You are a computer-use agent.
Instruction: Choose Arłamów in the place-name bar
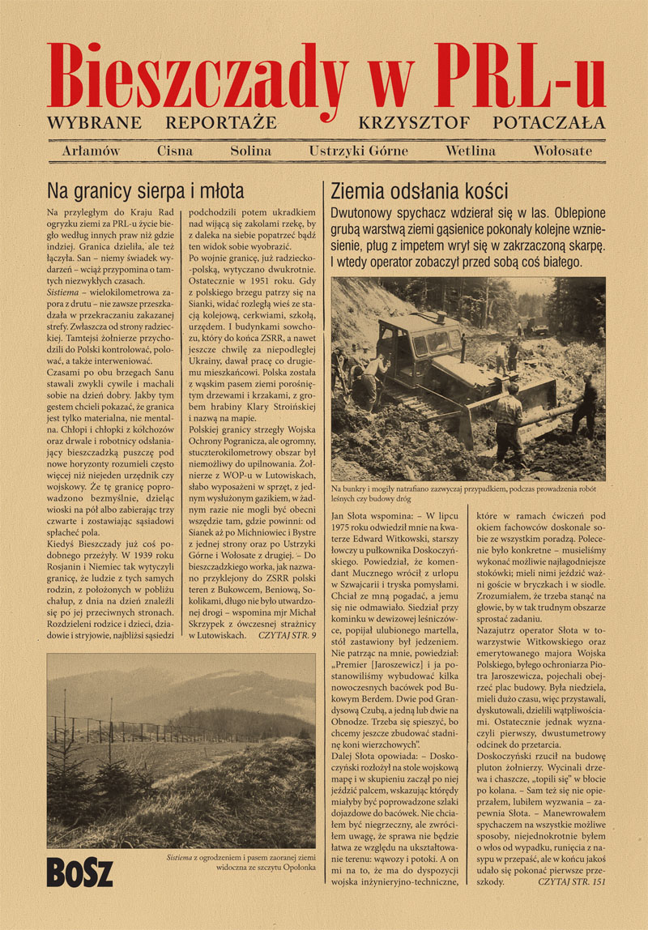pyautogui.click(x=90, y=151)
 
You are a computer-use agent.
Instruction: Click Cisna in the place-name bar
pyautogui.click(x=175, y=151)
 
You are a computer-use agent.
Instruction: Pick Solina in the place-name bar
pyautogui.click(x=250, y=151)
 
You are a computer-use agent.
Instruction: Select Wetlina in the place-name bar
pyautogui.click(x=470, y=151)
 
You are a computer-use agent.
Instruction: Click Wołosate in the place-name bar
pyautogui.click(x=562, y=151)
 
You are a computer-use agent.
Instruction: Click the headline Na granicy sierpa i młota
pyautogui.click(x=146, y=192)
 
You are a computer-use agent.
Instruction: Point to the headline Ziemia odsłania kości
pyautogui.click(x=420, y=192)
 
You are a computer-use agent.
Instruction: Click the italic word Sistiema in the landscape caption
pyautogui.click(x=180, y=856)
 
